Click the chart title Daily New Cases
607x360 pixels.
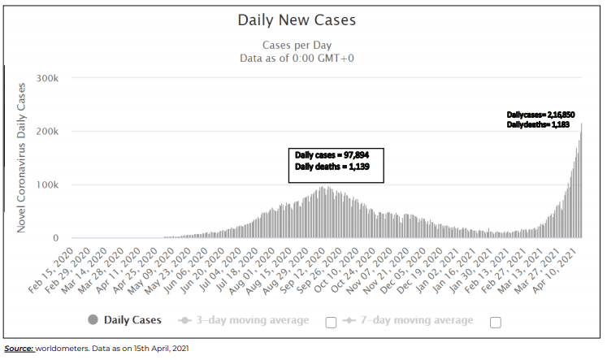(297, 20)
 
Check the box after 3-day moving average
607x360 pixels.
(331, 322)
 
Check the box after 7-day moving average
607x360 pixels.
(496, 322)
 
